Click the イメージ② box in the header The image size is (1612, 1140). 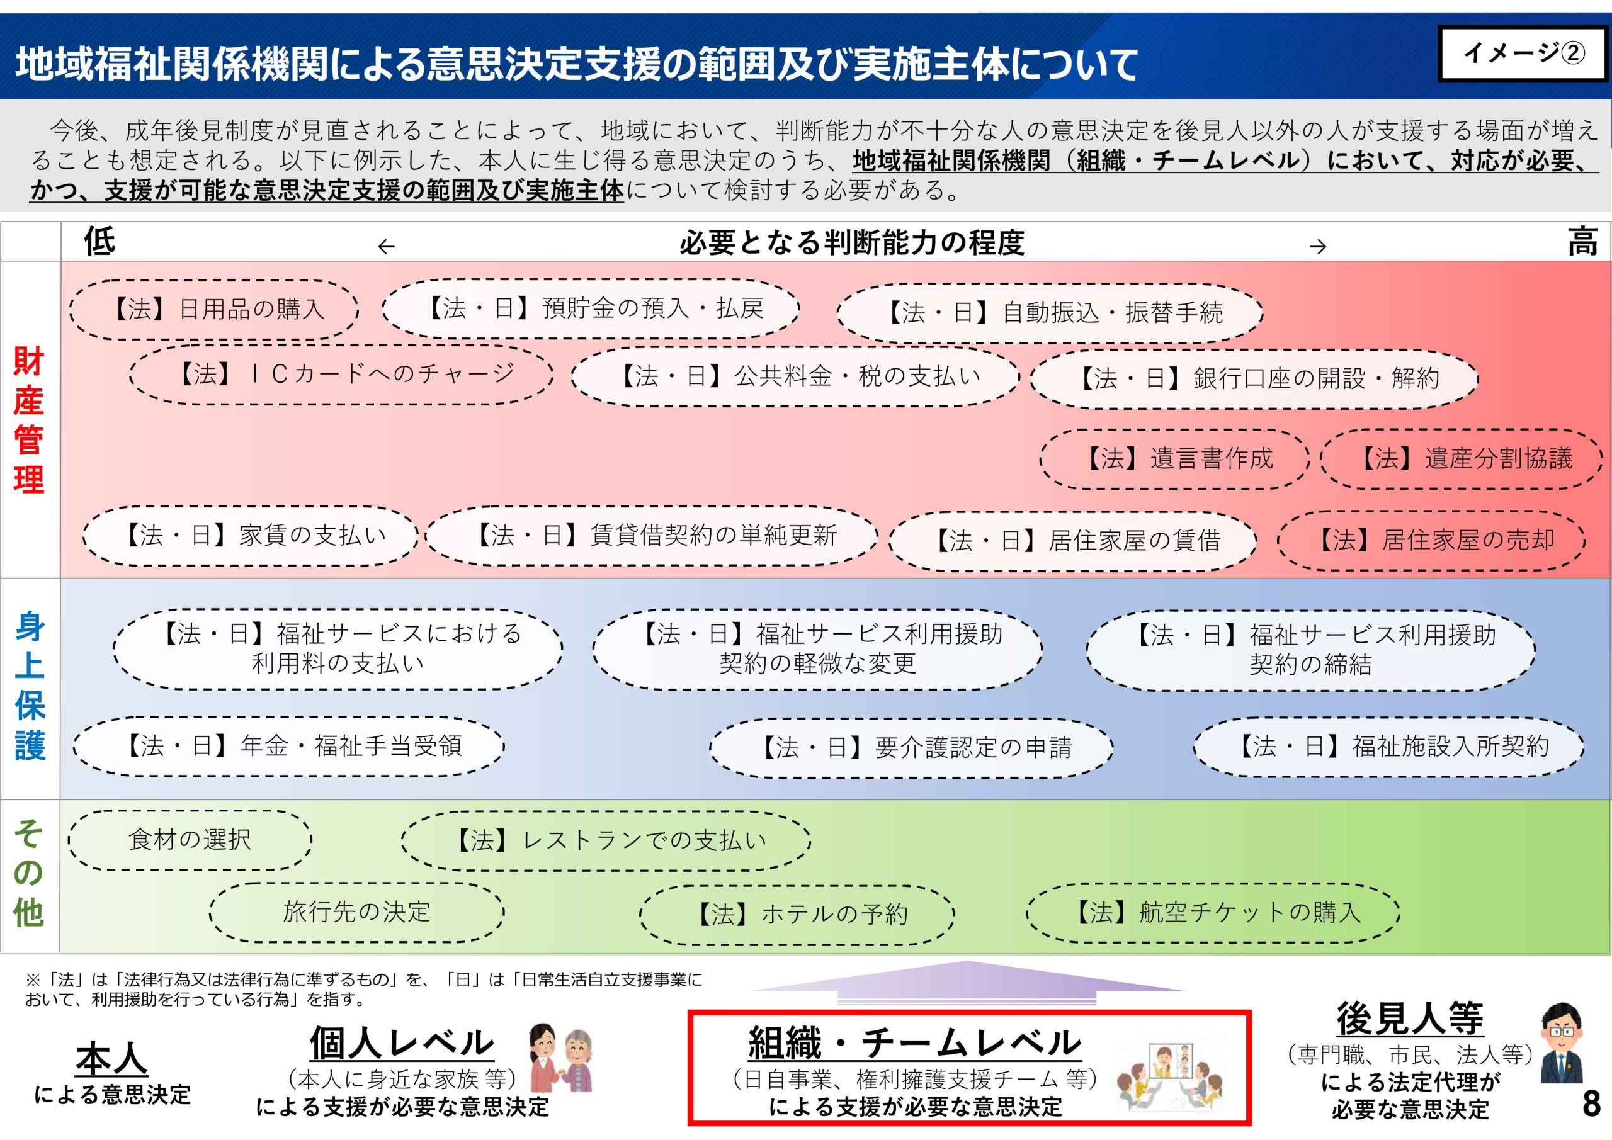click(x=1522, y=54)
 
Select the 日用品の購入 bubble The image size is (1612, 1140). click(x=214, y=310)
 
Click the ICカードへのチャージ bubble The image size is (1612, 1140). click(x=342, y=374)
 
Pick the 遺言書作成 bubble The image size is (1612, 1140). click(x=1174, y=459)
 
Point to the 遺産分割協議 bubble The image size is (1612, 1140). click(x=1461, y=459)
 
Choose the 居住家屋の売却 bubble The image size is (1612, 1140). click(x=1431, y=541)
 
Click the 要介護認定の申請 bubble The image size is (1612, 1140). click(x=911, y=748)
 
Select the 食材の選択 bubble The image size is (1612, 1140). click(x=190, y=840)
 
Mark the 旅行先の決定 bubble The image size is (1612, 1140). click(x=356, y=913)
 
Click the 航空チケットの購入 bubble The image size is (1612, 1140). click(x=1213, y=913)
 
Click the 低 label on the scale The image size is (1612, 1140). click(x=99, y=242)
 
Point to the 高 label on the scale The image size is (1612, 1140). click(x=1582, y=242)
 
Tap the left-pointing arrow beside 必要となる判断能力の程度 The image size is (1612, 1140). click(x=386, y=246)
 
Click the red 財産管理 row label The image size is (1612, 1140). click(x=29, y=420)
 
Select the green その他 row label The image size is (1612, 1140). click(x=29, y=872)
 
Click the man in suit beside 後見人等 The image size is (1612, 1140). click(x=1562, y=1044)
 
